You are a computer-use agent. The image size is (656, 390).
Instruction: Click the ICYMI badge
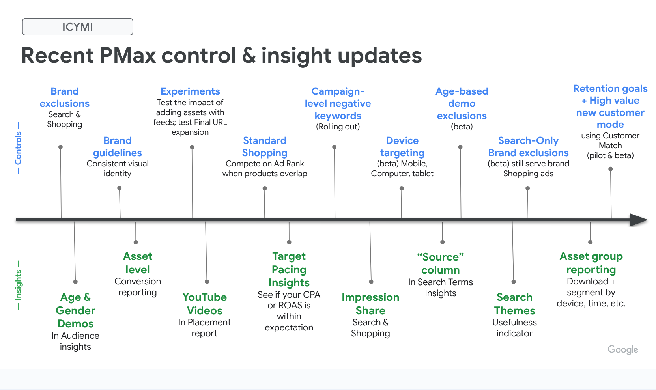[x=77, y=27]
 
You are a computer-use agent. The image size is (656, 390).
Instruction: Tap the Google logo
[x=622, y=349]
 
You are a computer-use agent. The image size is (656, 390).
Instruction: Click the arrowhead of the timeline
[x=638, y=220]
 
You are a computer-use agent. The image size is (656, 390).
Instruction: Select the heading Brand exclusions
[x=65, y=97]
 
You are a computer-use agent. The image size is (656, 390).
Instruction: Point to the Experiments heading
[x=190, y=91]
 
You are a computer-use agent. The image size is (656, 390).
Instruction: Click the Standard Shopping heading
[x=265, y=147]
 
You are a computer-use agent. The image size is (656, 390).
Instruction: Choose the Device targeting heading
[x=402, y=147]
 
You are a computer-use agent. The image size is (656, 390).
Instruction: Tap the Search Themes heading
[x=514, y=304]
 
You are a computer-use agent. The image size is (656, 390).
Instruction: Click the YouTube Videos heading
[x=204, y=304]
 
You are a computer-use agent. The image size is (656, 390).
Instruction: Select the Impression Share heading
[x=370, y=304]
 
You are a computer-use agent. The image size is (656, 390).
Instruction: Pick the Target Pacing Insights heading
[x=289, y=269]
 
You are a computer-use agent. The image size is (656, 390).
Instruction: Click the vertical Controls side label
[x=18, y=148]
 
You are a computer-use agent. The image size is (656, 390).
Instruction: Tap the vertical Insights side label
[x=18, y=285]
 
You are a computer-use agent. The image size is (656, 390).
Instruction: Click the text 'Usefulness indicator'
[x=514, y=328]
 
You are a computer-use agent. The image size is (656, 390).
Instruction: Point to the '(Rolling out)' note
[x=338, y=127]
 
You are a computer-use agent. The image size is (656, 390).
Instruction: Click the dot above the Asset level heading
[x=136, y=242]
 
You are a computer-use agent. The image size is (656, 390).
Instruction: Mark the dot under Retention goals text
[x=610, y=169]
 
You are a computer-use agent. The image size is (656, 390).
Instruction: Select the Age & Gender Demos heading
[x=75, y=310]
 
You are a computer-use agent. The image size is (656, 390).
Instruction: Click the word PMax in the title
[x=128, y=55]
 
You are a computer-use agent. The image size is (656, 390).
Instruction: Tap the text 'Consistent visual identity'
[x=118, y=168]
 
